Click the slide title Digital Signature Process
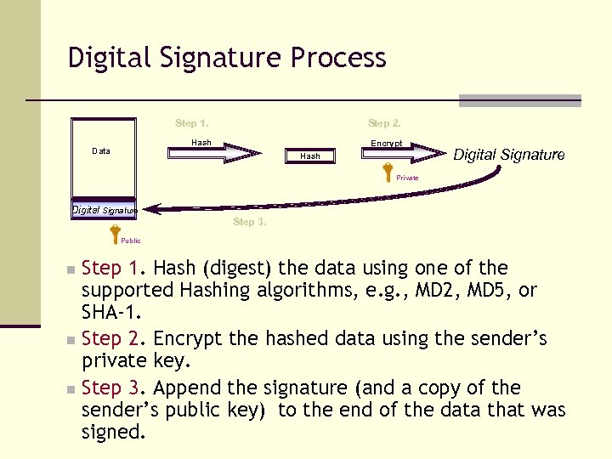(227, 58)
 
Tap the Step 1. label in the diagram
(192, 123)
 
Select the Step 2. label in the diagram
(384, 123)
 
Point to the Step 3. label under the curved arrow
(249, 222)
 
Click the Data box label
(101, 151)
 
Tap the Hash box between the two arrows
(310, 156)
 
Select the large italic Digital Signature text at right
(508, 154)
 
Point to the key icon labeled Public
(115, 230)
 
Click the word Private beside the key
(407, 178)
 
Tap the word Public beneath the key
(130, 241)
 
